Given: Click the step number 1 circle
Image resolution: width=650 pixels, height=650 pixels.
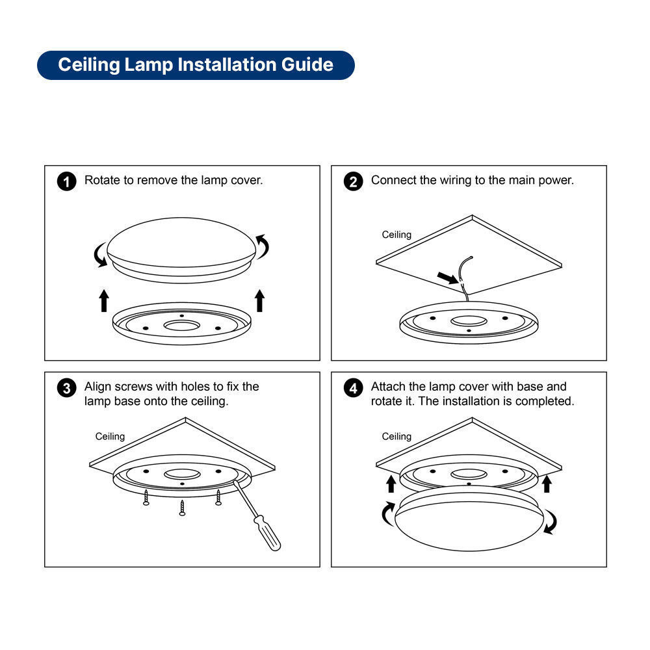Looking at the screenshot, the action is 67,181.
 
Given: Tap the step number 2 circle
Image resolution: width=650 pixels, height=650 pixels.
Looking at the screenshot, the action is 353,181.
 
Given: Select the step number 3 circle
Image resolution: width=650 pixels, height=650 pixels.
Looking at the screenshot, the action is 67,389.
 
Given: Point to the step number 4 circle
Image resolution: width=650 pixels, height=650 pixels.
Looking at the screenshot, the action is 353,389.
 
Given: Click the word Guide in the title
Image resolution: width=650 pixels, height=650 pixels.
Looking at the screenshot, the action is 307,65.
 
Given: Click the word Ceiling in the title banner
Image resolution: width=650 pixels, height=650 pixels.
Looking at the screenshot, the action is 88,65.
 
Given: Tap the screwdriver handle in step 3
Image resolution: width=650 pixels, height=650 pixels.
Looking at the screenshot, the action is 267,532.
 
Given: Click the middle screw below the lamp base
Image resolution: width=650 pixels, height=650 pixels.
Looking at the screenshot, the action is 182,508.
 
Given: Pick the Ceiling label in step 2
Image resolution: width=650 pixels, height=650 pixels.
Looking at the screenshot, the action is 396,235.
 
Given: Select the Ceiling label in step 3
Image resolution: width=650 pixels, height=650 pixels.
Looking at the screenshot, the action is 110,437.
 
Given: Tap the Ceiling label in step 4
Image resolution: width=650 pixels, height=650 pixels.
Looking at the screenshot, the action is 396,437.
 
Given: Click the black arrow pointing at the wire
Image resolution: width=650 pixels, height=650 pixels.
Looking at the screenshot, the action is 448,278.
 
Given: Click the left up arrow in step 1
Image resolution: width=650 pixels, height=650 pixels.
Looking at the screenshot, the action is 104,300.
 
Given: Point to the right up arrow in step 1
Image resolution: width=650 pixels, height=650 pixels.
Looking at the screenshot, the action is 259,300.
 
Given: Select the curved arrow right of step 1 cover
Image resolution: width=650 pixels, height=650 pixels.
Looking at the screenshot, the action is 263,246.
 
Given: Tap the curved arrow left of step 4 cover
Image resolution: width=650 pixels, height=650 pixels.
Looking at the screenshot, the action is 387,513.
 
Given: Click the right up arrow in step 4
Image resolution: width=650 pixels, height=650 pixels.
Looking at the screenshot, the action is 547,484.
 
